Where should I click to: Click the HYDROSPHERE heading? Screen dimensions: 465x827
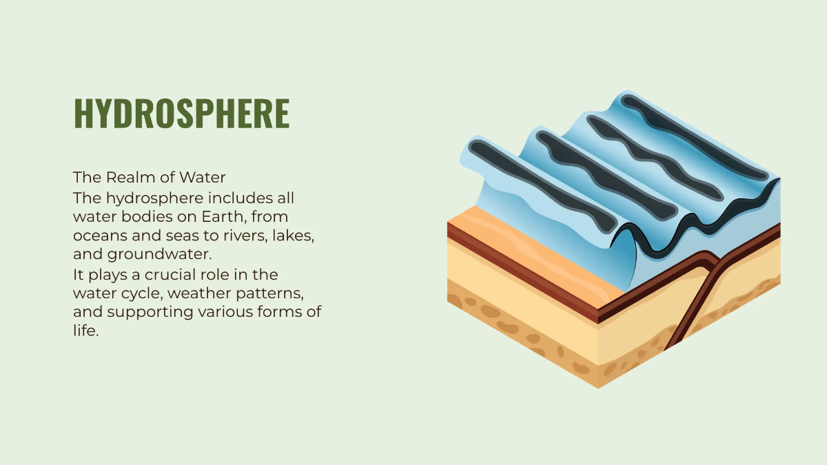181,114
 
